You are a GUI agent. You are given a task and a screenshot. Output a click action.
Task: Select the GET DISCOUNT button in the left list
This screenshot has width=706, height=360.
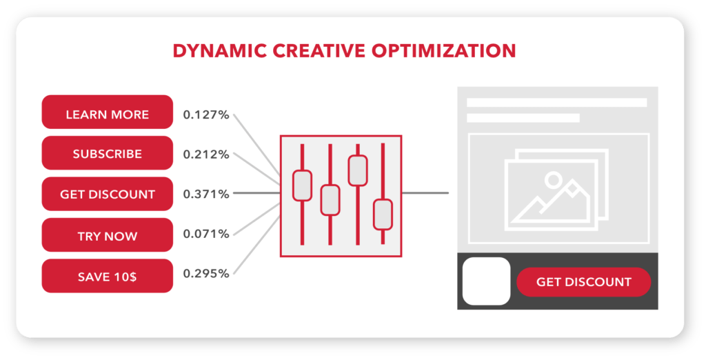(107, 194)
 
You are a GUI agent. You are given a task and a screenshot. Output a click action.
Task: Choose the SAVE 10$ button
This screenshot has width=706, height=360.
(107, 276)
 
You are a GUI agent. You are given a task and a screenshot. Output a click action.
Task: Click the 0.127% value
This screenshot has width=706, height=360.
(206, 115)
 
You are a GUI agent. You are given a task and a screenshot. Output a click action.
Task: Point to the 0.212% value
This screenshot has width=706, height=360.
(206, 154)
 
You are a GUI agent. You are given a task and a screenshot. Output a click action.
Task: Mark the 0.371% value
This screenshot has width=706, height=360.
(206, 194)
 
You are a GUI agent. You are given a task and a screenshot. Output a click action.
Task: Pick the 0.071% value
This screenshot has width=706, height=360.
(206, 234)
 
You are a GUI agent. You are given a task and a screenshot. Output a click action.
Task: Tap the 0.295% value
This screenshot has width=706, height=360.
(206, 274)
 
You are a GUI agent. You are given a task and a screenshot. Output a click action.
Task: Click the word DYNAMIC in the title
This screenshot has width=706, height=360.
(220, 51)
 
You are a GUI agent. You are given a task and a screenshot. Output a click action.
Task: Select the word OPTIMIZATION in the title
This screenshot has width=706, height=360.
(443, 51)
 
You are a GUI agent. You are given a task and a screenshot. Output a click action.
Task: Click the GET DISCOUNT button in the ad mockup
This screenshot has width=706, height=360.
(583, 282)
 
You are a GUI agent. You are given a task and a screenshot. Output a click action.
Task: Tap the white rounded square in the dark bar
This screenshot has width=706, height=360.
(486, 281)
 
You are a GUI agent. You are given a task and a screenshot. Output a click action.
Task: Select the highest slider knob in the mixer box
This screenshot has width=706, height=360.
(358, 170)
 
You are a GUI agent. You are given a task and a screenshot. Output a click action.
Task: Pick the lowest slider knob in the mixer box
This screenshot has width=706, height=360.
(383, 214)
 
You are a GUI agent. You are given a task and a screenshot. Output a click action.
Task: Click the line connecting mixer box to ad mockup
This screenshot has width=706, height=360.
(425, 193)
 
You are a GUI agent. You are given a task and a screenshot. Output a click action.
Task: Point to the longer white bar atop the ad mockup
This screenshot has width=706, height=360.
(556, 103)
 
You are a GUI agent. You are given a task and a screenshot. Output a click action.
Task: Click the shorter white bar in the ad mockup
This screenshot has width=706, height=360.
(523, 118)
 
